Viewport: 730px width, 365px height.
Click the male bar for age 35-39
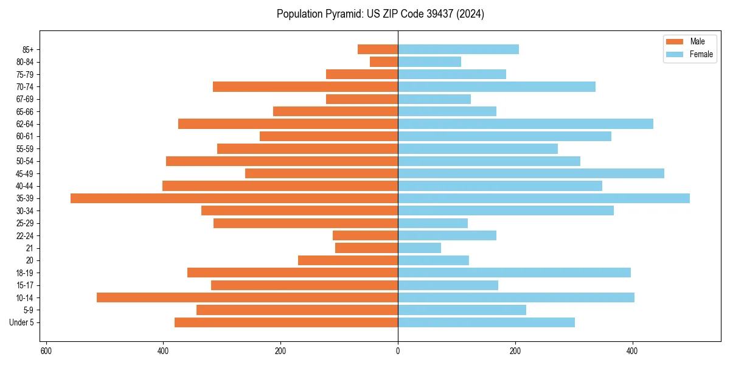[234, 198]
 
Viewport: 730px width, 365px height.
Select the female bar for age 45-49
[530, 173]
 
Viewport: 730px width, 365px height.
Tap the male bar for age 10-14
[247, 297]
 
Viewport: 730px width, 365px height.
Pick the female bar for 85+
[458, 49]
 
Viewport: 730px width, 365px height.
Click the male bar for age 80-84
[384, 61]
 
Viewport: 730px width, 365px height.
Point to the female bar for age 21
[419, 248]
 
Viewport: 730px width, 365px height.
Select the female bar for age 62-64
[525, 123]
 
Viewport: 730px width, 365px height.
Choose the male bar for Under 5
[286, 322]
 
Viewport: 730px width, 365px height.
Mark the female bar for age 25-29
[433, 223]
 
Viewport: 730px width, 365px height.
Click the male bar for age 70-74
[305, 86]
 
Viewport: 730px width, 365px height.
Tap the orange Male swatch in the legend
[675, 41]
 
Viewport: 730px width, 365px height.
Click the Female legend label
[701, 54]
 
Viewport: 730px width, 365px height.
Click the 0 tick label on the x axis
[398, 351]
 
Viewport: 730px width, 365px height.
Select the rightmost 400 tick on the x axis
[632, 351]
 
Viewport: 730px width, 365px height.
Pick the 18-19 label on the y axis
[25, 273]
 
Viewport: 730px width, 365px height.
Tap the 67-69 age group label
[25, 99]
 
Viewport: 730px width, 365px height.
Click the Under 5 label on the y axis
[21, 322]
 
